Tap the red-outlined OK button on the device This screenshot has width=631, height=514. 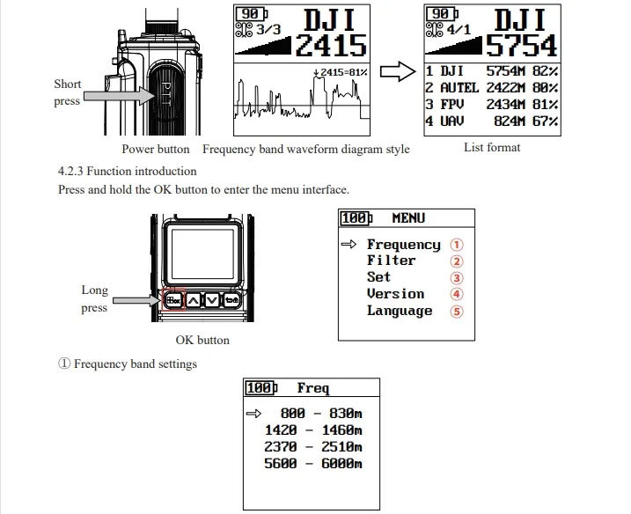pos(172,299)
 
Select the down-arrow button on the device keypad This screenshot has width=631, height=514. pos(212,299)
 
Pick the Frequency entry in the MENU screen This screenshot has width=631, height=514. pos(403,245)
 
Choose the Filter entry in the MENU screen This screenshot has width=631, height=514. pos(391,261)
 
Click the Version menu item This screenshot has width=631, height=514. pos(395,294)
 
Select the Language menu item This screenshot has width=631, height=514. pos(400,311)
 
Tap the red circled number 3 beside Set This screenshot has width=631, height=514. pos(456,278)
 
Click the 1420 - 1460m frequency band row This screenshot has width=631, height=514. pos(313,430)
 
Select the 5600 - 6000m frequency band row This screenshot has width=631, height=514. pos(313,464)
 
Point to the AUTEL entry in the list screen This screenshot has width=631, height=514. pos(459,87)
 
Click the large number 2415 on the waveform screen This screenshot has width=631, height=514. pos(331,45)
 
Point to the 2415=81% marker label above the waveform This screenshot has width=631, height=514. pos(340,71)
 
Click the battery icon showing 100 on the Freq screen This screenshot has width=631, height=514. pos(261,388)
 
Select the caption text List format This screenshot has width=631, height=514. pos(492,147)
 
